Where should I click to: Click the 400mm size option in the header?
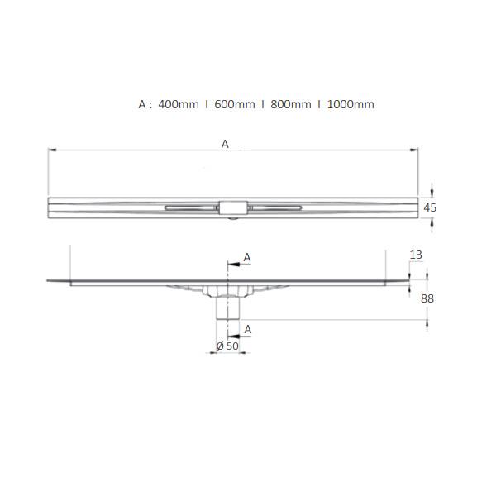tap(178, 105)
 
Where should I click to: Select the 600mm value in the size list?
tap(234, 105)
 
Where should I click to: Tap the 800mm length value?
tap(290, 105)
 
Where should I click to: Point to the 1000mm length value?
tap(351, 105)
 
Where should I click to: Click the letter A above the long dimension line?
tap(225, 144)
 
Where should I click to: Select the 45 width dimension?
tap(430, 207)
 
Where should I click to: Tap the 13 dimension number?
tap(416, 255)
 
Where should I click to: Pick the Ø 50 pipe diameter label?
tap(227, 345)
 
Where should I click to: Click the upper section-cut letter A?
tap(246, 258)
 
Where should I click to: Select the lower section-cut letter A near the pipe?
tap(246, 329)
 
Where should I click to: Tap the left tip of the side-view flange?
tap(48, 280)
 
